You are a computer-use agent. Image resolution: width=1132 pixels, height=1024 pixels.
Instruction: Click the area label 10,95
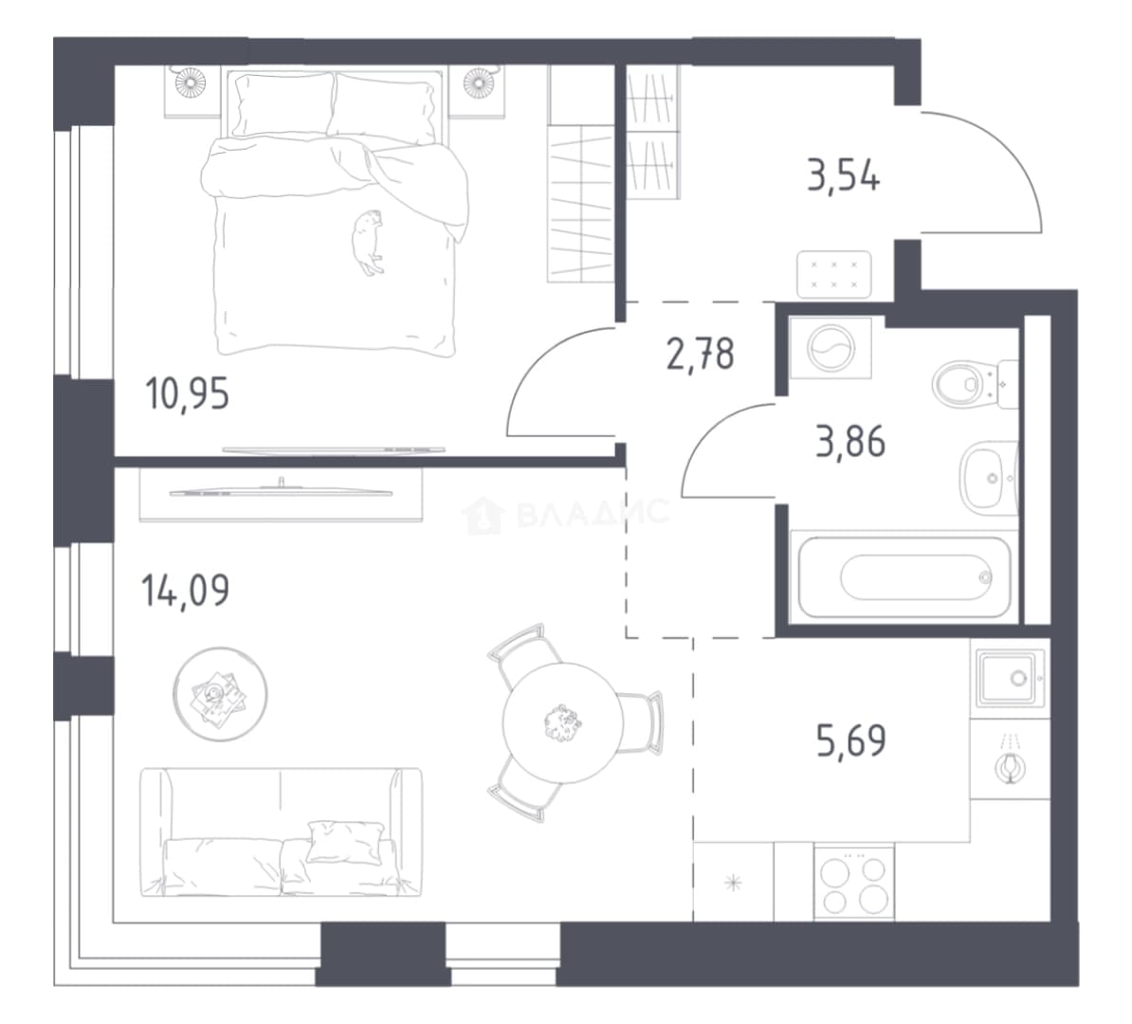(187, 394)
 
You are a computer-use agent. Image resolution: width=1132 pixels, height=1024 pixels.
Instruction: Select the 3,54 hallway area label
(843, 175)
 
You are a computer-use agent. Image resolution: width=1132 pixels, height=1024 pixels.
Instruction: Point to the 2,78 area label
(700, 354)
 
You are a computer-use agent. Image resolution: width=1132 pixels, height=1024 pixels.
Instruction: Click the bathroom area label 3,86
(849, 442)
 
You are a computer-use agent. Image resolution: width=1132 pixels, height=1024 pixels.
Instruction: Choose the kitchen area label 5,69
(851, 741)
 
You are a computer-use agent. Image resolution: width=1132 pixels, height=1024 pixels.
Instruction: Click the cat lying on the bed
(368, 242)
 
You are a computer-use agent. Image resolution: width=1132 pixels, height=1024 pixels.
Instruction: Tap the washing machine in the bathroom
(831, 348)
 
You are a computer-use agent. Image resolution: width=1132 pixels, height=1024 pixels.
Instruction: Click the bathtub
(904, 577)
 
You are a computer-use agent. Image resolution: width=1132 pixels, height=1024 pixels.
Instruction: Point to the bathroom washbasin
(988, 478)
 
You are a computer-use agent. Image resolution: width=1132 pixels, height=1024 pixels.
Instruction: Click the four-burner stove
(854, 883)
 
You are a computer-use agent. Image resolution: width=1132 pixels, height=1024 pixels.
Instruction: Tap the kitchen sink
(1010, 678)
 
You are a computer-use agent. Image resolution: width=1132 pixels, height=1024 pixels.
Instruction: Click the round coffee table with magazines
(219, 693)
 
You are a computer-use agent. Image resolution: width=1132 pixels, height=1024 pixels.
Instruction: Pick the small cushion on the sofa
(343, 842)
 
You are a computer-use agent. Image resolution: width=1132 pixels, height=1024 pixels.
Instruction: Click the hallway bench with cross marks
(834, 274)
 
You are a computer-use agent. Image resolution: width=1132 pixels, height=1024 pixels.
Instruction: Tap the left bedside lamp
(191, 82)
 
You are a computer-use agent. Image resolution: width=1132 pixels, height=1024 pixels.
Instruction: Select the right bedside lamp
(478, 82)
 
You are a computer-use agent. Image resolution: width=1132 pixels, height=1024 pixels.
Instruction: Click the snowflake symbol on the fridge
(733, 883)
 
